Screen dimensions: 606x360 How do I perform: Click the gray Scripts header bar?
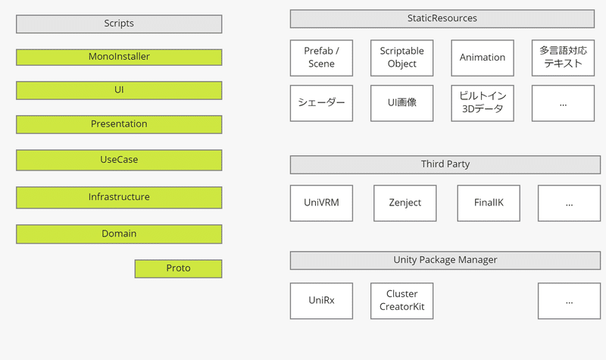(119, 24)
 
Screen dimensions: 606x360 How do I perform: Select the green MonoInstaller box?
(119, 58)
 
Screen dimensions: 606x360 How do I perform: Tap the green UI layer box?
(119, 90)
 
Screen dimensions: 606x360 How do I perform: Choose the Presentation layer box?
(119, 124)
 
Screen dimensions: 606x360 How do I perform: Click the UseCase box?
(119, 160)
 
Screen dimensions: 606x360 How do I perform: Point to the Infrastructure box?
(119, 198)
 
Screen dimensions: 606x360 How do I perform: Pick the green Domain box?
(119, 234)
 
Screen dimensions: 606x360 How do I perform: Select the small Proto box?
(178, 269)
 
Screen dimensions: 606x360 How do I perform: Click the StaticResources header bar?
(442, 19)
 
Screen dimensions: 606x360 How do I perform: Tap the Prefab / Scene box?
(321, 58)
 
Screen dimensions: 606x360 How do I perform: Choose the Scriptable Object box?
(402, 58)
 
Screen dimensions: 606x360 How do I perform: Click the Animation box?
(483, 58)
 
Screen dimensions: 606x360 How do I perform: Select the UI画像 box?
(402, 103)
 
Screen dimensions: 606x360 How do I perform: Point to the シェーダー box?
(321, 103)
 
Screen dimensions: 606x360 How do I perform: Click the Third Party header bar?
(445, 164)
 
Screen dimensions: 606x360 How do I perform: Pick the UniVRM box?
(321, 203)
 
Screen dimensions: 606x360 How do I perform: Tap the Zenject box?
(405, 203)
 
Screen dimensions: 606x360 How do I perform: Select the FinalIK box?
(489, 203)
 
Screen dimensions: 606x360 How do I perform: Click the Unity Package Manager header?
(445, 260)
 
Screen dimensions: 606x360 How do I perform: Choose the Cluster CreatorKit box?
(402, 301)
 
